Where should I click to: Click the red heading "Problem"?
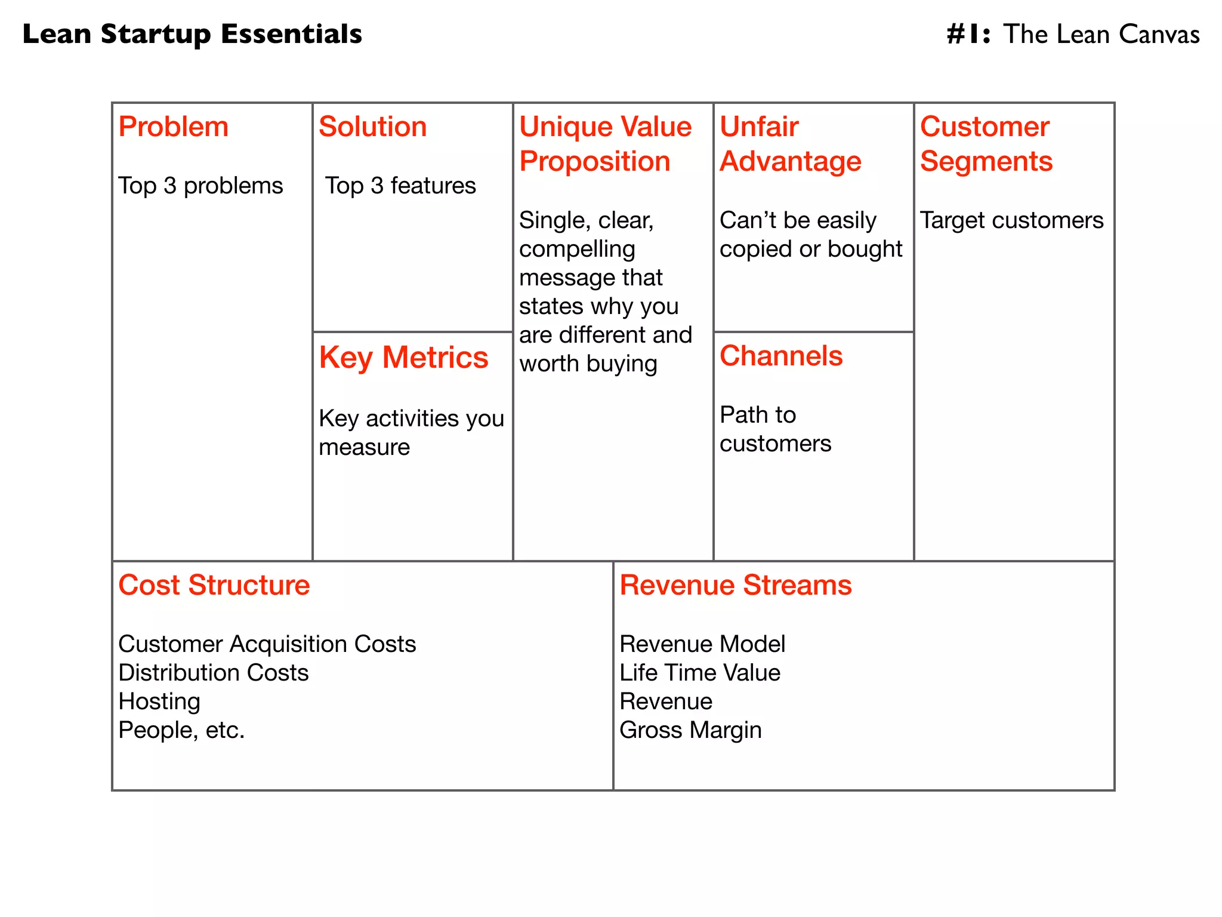[173, 127]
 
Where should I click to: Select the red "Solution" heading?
[372, 127]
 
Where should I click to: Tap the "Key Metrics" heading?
[403, 358]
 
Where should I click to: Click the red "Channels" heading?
[780, 356]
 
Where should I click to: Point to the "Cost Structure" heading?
[214, 585]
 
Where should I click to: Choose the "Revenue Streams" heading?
[735, 585]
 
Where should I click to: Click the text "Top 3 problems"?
[200, 186]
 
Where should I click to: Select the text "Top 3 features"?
[400, 186]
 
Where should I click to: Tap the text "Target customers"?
[1011, 220]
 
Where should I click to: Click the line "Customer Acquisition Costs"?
[267, 644]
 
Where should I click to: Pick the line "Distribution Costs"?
[213, 673]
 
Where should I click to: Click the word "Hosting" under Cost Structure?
[159, 701]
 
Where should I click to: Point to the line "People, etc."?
[181, 730]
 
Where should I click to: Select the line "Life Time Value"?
[699, 673]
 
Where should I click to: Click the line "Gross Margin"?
[690, 730]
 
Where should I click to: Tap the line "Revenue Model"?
[702, 644]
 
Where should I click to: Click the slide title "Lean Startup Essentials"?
[192, 34]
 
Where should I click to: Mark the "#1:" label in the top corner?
[968, 35]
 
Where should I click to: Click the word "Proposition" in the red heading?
[594, 162]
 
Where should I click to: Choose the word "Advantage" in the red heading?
[790, 162]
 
